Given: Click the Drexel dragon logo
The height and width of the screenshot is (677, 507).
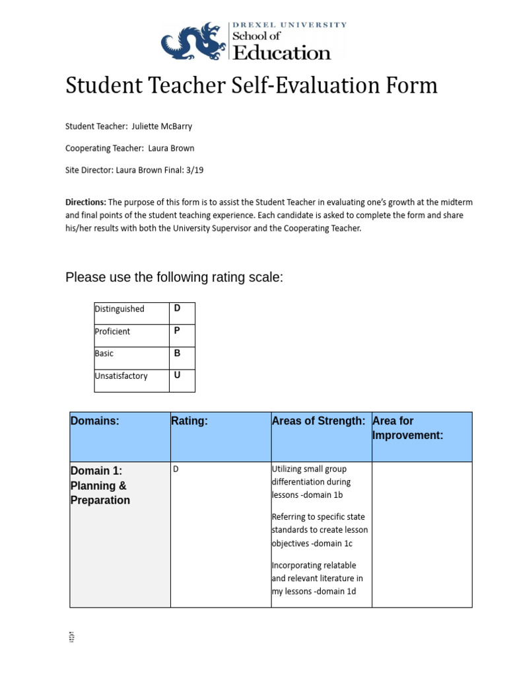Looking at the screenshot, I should pyautogui.click(x=193, y=42).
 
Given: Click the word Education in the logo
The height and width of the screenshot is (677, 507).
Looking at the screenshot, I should pyautogui.click(x=281, y=53).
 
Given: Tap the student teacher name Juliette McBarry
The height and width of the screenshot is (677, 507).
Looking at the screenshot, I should pyautogui.click(x=162, y=126).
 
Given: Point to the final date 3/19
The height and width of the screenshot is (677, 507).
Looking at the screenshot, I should pyautogui.click(x=194, y=170).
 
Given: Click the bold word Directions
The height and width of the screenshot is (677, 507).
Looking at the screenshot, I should pyautogui.click(x=85, y=202).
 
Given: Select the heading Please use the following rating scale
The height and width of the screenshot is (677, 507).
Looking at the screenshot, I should pyautogui.click(x=174, y=277).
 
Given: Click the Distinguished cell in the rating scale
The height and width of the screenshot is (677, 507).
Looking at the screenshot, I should pyautogui.click(x=119, y=309).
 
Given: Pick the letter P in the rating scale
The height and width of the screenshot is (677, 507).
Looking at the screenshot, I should pyautogui.click(x=177, y=331).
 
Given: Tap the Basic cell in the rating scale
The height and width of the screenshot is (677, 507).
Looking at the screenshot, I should pyautogui.click(x=104, y=354).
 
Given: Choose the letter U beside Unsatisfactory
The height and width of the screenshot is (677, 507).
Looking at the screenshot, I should pyautogui.click(x=177, y=376).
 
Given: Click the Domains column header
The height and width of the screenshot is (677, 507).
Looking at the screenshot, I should pyautogui.click(x=95, y=421).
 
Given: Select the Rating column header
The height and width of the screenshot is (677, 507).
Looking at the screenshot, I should pyautogui.click(x=189, y=421).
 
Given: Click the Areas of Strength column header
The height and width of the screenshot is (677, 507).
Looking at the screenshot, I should pyautogui.click(x=318, y=421).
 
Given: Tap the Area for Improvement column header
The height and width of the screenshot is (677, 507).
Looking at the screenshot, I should pyautogui.click(x=407, y=428).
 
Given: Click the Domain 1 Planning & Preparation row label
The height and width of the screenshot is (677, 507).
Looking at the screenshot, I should pyautogui.click(x=100, y=485).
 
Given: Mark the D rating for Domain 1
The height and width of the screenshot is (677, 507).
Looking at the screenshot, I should pyautogui.click(x=176, y=469).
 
